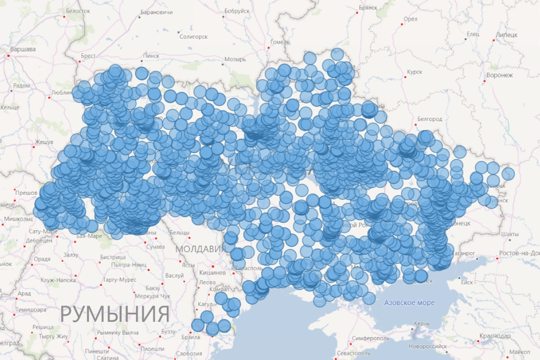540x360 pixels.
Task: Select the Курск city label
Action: click(414, 72)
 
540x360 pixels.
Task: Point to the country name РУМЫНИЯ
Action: click(115, 314)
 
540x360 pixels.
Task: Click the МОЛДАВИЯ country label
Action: click(201, 249)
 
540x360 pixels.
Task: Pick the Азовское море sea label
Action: click(409, 303)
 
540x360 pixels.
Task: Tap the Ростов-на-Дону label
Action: click(520, 253)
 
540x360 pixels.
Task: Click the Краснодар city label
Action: click(495, 336)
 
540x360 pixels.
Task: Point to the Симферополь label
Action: click(370, 337)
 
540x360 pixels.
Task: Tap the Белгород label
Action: click(430, 119)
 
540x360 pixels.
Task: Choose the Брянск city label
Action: click(368, 8)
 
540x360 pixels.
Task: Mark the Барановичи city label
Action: click(157, 12)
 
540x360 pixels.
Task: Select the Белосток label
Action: click(78, 11)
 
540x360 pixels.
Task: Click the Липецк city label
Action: click(507, 34)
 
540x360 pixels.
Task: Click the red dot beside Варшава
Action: click(8, 55)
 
